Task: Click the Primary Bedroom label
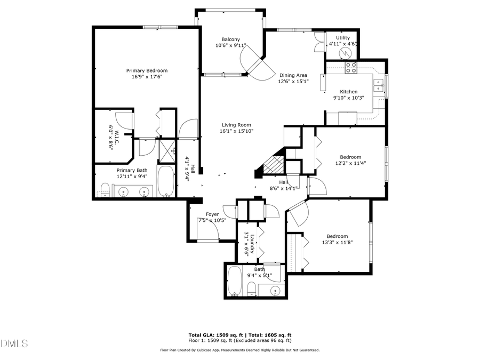click(147, 70)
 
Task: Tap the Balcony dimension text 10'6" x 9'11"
click(231, 46)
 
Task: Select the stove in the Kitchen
click(351, 67)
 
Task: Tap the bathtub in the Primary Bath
click(166, 182)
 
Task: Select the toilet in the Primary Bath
click(105, 189)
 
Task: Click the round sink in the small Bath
click(275, 290)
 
